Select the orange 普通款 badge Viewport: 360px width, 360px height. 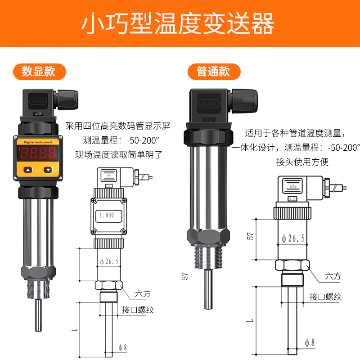pyautogui.click(x=213, y=72)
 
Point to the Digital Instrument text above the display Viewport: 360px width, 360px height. pyautogui.click(x=38, y=142)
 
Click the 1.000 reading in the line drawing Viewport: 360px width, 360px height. pyautogui.click(x=108, y=215)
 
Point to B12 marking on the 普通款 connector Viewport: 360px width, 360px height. pyautogui.click(x=209, y=120)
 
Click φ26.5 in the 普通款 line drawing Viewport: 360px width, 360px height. pyautogui.click(x=293, y=238)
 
